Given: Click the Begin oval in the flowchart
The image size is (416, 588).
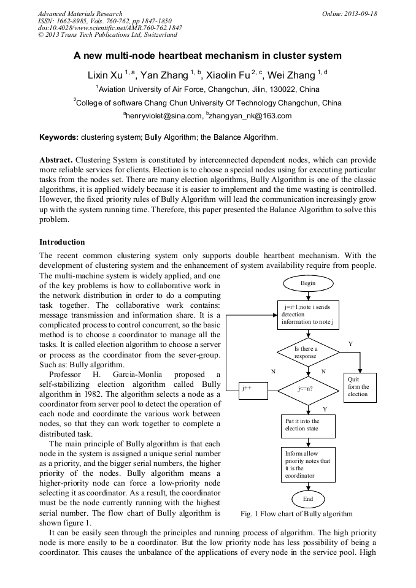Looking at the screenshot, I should coord(307,283).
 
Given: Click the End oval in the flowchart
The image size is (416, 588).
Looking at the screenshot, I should coord(307,498).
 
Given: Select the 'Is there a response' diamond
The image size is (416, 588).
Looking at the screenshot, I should coord(305,352).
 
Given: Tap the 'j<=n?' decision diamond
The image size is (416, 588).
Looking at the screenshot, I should coord(305,388).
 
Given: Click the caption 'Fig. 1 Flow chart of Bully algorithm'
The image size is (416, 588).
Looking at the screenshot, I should coord(297,513).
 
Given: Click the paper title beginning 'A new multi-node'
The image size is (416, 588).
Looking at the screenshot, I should coord(207,56).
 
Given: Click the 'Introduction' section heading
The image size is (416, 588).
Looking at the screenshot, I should coord(62,242).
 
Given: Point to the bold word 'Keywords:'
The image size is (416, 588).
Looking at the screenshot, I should coord(58,137).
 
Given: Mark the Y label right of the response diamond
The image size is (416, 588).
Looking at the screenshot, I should coord(350,344).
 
